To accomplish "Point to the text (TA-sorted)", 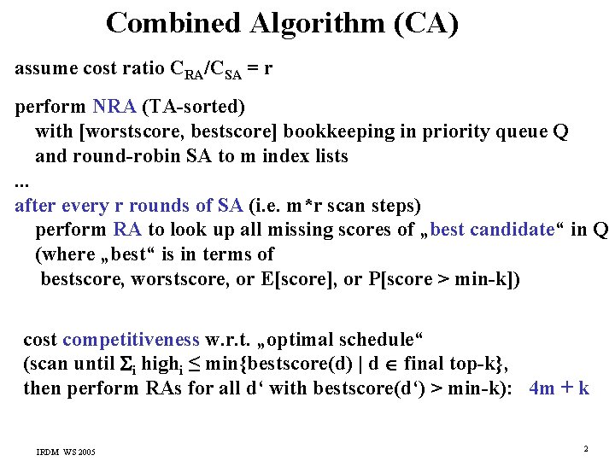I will coord(194,108).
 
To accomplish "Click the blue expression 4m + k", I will coord(559,388).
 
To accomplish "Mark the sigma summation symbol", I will coord(129,365).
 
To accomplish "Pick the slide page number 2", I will coord(586,448).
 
